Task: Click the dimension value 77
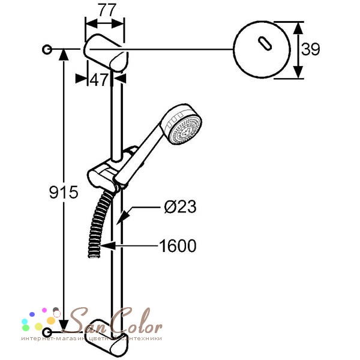pos(107,10)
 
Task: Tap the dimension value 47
pos(99,80)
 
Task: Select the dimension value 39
pos(310,49)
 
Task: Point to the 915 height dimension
pos(64,192)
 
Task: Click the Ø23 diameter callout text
pos(181,206)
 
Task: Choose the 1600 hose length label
pos(178,246)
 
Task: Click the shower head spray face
pos(185,130)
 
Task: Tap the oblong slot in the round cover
pos(265,43)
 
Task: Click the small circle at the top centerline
pos(47,49)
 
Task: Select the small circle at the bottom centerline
pos(47,332)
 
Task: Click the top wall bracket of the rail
pos(106,52)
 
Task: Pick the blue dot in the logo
pos(32,314)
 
